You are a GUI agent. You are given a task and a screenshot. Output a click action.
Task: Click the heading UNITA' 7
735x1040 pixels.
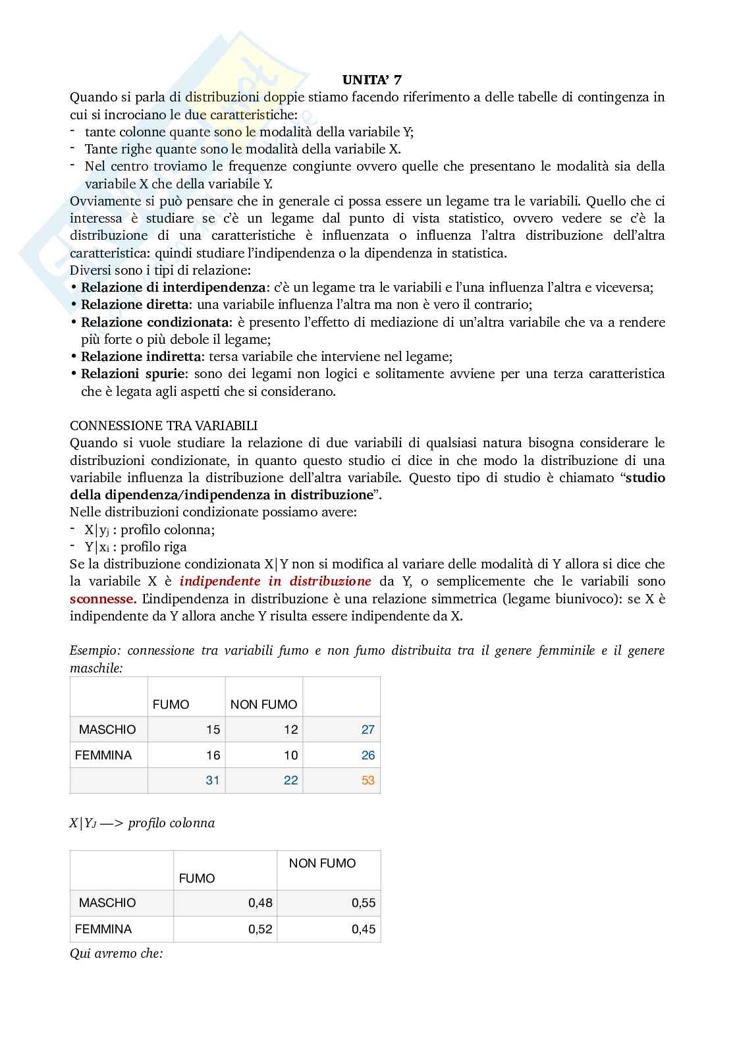click(371, 80)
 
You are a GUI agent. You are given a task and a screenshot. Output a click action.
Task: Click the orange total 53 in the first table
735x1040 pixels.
click(367, 780)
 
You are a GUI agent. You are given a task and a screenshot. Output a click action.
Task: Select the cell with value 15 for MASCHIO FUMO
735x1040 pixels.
click(213, 729)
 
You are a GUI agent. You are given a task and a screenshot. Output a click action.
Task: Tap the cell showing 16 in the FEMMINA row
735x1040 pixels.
click(213, 755)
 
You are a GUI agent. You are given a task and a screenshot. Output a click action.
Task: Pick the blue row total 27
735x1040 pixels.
click(367, 729)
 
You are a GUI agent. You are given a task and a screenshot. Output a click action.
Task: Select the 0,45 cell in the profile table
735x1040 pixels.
click(364, 929)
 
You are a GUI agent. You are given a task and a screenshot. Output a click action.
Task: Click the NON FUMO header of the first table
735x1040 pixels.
click(263, 704)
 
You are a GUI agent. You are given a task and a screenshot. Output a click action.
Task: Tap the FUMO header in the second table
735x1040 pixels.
click(196, 878)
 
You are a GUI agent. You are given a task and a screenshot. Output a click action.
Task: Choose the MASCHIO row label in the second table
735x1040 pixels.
click(107, 903)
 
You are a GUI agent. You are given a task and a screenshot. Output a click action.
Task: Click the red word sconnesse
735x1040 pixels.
click(103, 599)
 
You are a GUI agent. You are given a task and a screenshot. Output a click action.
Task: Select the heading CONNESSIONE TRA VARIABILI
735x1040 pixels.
click(163, 425)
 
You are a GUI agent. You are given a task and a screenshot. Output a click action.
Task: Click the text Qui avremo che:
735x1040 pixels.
click(116, 953)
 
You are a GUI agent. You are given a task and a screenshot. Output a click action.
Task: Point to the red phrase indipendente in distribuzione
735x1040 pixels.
click(275, 582)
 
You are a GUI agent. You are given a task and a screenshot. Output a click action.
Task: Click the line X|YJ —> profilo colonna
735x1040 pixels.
click(142, 823)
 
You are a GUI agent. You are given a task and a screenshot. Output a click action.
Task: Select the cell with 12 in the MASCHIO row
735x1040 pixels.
click(290, 729)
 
